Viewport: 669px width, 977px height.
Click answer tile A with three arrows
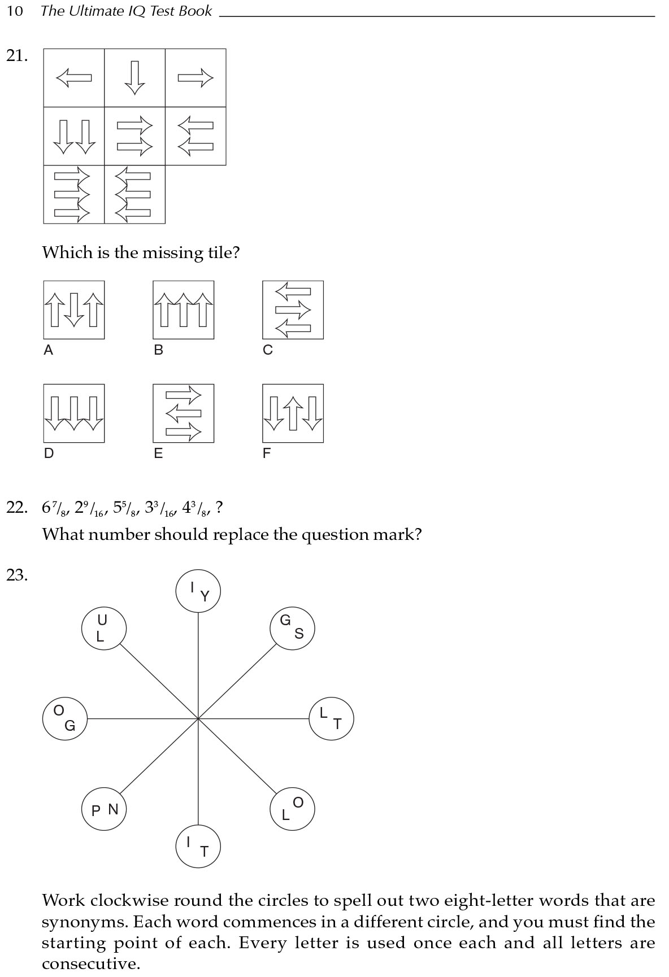[x=74, y=309]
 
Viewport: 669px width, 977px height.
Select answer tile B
[x=183, y=309]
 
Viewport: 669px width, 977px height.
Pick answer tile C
[x=293, y=309]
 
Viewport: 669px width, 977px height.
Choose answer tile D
[x=74, y=413]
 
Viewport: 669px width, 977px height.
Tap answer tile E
[x=183, y=413]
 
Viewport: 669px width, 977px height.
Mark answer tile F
[x=293, y=413]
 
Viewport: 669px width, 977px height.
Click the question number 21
[x=17, y=56]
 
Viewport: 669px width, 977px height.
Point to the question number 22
[x=17, y=508]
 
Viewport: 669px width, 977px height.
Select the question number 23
[x=17, y=575]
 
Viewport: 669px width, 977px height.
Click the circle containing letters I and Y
[x=198, y=591]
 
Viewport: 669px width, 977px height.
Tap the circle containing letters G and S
[x=292, y=629]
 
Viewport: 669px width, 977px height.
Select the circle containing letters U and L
[x=103, y=629]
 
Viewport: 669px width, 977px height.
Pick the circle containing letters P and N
[x=104, y=809]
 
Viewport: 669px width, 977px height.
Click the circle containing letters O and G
[x=65, y=718]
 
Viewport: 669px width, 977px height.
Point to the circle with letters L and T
[x=331, y=718]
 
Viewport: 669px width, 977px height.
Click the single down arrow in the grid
[x=134, y=77]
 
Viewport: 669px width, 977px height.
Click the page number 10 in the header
[x=15, y=11]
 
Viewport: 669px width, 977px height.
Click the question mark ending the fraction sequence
[x=219, y=508]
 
